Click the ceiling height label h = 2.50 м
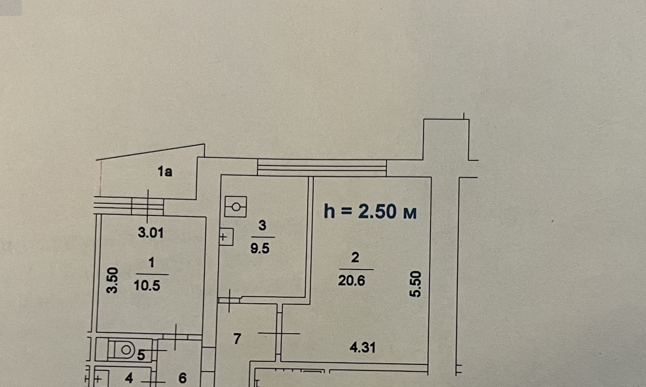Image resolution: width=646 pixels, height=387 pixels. tap(370, 211)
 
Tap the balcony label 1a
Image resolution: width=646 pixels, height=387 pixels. tap(165, 172)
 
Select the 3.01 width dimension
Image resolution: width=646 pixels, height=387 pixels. tap(150, 233)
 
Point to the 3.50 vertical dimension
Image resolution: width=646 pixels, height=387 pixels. tap(113, 281)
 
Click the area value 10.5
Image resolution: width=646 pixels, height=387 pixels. tap(147, 286)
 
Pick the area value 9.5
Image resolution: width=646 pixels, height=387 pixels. tap(260, 248)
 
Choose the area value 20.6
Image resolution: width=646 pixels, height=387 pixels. tap(352, 281)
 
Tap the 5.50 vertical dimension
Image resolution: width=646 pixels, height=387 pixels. tap(415, 284)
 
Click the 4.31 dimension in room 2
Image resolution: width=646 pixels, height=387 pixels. tap(362, 348)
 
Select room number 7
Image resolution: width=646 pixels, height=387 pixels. tap(237, 339)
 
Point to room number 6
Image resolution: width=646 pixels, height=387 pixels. tap(183, 378)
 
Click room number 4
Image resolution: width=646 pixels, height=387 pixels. tap(129, 378)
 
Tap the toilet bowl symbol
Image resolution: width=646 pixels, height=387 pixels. tap(122, 350)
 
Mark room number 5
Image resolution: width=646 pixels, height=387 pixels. tap(141, 355)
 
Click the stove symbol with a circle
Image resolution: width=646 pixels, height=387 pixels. tap(236, 207)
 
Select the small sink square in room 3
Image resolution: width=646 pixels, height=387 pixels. tap(226, 237)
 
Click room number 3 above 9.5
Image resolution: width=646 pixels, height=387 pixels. tap(262, 225)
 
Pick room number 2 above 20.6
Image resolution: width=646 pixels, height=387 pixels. tap(355, 257)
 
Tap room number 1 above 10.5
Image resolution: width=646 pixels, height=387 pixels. tap(151, 263)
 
